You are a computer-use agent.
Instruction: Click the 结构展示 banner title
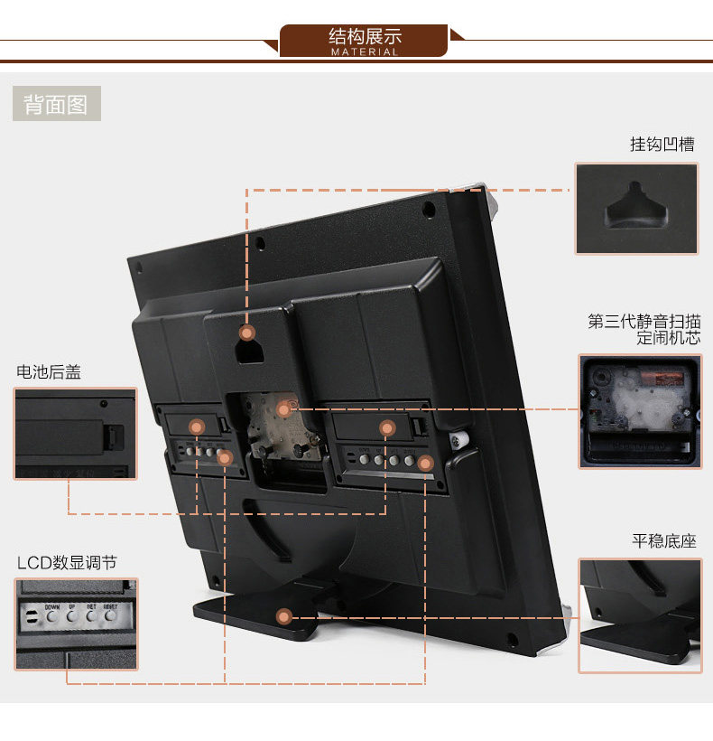365,36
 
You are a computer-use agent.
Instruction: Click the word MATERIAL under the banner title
365,52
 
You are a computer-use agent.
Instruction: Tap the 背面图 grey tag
56,104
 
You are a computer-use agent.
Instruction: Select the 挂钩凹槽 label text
662,145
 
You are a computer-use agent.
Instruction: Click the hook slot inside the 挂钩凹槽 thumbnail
638,207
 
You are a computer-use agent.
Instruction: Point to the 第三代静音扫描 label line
644,322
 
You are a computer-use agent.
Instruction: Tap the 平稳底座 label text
664,541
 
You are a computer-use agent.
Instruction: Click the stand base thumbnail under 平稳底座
639,615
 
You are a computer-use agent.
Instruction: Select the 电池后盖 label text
49,371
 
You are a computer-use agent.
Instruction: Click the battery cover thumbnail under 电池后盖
75,433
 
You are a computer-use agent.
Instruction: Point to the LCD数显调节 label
67,562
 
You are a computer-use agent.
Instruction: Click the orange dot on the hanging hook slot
247,333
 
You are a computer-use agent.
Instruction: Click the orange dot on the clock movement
283,409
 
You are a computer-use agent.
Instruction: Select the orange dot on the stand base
284,618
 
